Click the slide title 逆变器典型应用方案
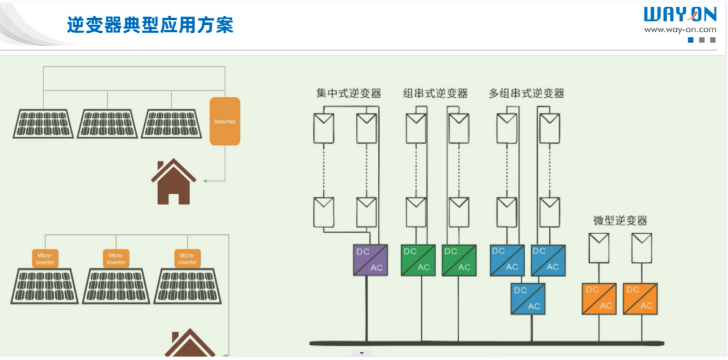tap(150, 25)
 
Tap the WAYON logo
tap(679, 15)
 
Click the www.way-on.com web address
tap(680, 29)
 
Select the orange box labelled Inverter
tap(225, 121)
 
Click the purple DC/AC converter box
tap(370, 260)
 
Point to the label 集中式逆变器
tap(348, 93)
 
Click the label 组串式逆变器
tap(435, 93)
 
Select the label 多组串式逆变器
tap(526, 93)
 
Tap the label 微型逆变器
tap(620, 220)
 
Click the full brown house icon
tap(173, 182)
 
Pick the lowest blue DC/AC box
tap(528, 299)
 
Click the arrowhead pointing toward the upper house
tap(205, 180)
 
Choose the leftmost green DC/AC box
tap(418, 260)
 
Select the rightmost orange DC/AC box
tap(640, 299)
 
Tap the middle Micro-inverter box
tap(116, 259)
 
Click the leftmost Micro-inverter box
tap(45, 259)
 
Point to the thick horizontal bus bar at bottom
tap(486, 344)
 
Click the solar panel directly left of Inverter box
tap(172, 124)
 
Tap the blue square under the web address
tap(691, 40)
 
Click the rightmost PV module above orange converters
tap(641, 248)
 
